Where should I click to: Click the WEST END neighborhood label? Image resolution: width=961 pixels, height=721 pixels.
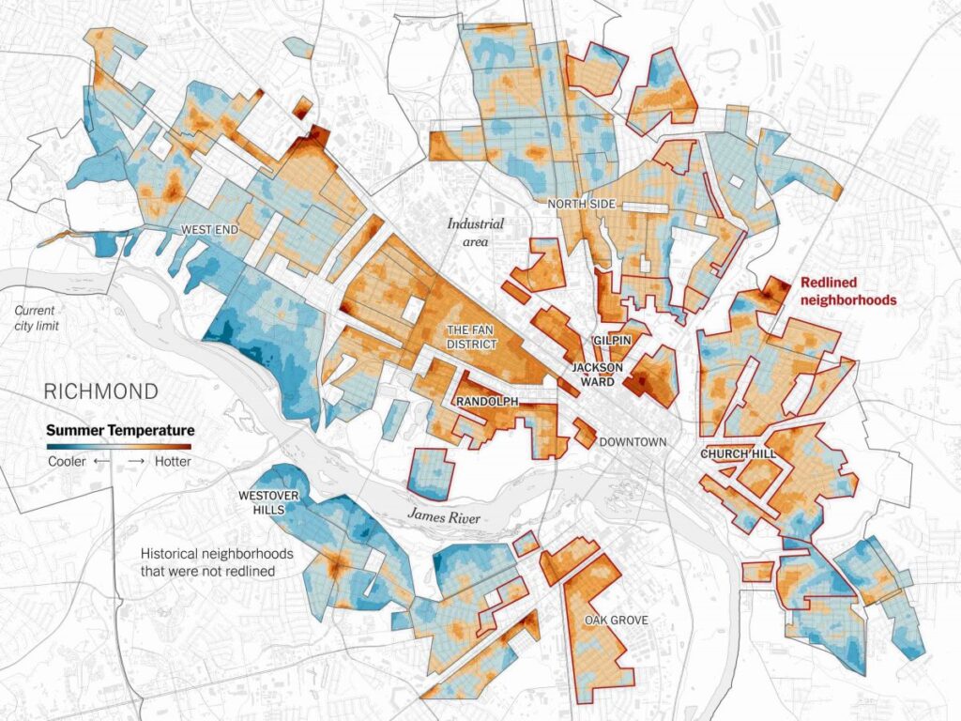[x=209, y=230]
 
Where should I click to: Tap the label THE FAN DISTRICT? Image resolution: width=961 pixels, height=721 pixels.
[x=471, y=337]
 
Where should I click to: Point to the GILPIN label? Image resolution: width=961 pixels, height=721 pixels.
[x=610, y=340]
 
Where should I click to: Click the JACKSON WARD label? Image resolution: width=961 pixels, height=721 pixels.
[x=593, y=375]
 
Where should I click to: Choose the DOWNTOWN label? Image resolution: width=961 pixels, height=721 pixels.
[x=633, y=441]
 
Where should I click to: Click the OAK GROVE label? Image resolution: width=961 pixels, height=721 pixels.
[x=616, y=620]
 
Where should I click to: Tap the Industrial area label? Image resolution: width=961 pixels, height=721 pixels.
[x=475, y=233]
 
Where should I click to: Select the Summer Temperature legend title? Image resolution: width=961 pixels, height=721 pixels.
[x=120, y=430]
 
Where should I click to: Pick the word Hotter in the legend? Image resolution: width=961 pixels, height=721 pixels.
[x=172, y=462]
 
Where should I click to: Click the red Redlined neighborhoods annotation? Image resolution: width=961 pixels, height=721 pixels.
[x=847, y=291]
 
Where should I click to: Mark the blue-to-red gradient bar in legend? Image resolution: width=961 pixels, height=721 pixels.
[x=120, y=445]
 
